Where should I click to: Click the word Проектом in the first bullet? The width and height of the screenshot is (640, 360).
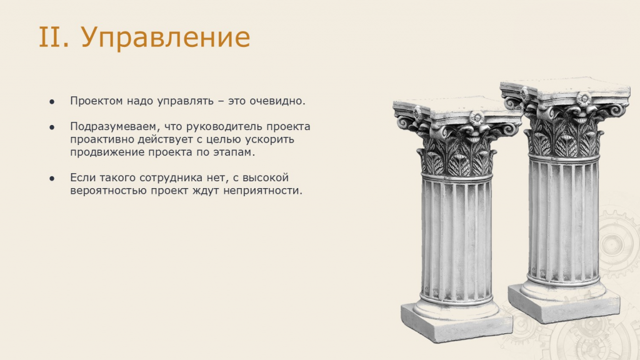[x=96, y=101]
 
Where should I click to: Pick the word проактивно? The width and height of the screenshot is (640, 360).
[x=102, y=139]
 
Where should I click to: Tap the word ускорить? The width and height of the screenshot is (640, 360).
[x=269, y=139]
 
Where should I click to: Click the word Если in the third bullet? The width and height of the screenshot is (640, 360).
[x=83, y=177]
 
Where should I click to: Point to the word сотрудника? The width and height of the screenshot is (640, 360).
[x=171, y=178]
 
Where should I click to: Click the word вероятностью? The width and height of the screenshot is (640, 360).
[x=108, y=191]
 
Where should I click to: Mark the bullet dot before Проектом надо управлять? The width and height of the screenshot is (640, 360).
[x=52, y=102]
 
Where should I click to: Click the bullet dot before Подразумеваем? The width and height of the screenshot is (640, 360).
[x=52, y=127]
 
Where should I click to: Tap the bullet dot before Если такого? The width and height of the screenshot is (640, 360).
[x=52, y=178]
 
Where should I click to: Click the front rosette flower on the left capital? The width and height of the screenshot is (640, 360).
[x=476, y=118]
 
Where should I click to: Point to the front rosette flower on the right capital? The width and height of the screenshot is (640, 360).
[x=584, y=99]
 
